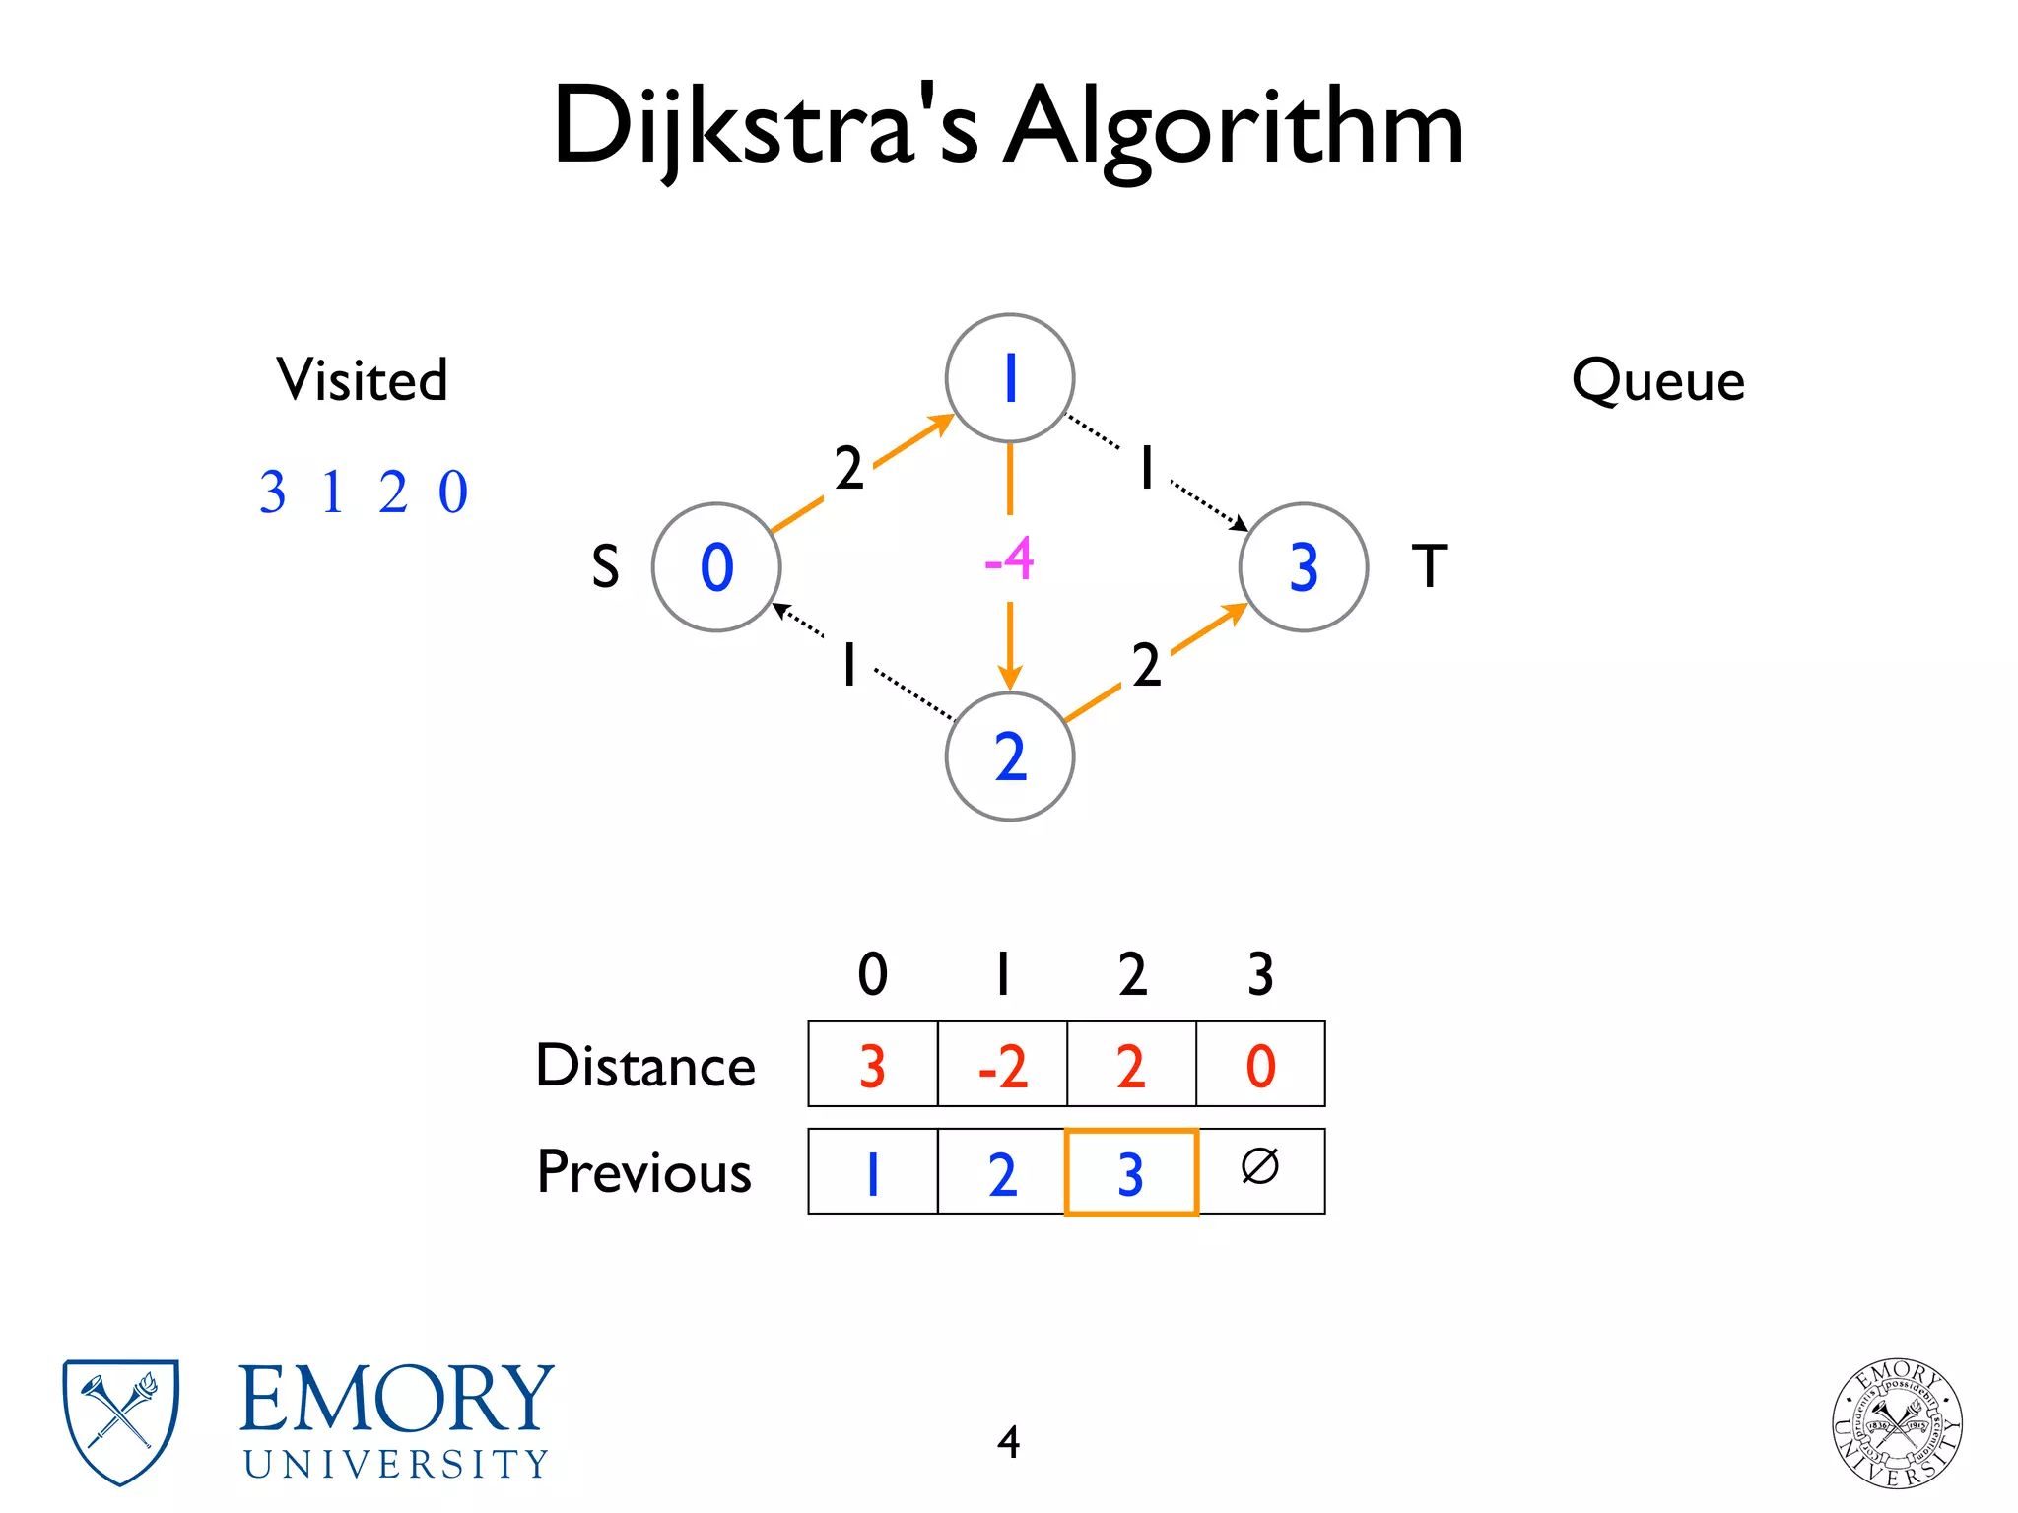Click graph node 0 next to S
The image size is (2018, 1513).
pos(716,567)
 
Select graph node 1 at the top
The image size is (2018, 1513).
pos(1009,378)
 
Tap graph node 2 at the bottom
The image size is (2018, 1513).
pos(1009,756)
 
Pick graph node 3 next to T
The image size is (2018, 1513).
pos(1303,567)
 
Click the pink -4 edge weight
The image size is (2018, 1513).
pos(1009,559)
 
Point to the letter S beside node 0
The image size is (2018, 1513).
pos(605,567)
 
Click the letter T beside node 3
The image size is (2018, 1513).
pos(1430,566)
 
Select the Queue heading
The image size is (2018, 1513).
pos(1657,380)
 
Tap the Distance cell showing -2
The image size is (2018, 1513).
pos(1002,1065)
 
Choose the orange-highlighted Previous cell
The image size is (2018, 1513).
pos(1131,1172)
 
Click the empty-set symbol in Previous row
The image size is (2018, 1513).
pos(1260,1167)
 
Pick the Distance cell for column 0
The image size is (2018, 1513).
pos(872,1065)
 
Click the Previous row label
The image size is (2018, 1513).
pos(643,1172)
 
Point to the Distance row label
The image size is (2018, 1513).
pos(645,1066)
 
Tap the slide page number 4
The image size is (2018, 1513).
pos(1008,1442)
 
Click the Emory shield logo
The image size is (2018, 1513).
pos(120,1421)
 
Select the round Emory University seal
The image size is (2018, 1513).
pos(1897,1422)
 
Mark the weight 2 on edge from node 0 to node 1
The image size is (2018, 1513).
pos(848,468)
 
